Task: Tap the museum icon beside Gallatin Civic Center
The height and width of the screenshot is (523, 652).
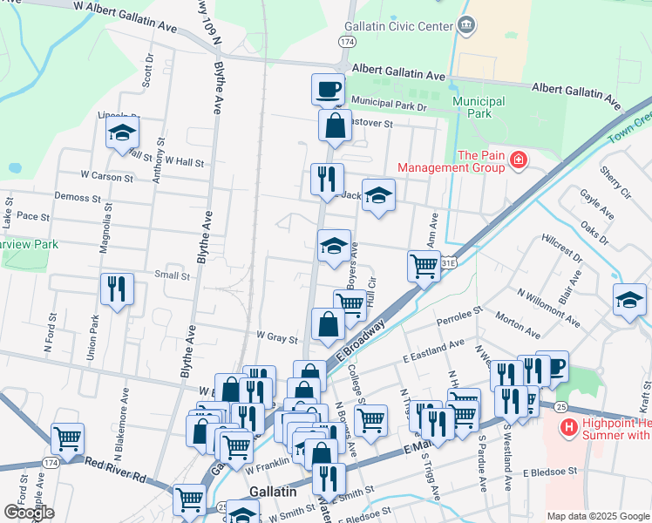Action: [x=466, y=25]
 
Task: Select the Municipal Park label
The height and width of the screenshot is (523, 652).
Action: [x=479, y=107]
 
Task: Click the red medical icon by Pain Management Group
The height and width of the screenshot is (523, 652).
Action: [x=518, y=160]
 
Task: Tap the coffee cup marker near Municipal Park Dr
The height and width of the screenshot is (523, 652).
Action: [x=329, y=89]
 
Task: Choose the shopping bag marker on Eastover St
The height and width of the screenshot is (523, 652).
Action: [x=335, y=126]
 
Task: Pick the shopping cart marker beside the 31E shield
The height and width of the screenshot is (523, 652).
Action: [x=424, y=265]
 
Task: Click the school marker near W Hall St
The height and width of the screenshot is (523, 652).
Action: [x=123, y=133]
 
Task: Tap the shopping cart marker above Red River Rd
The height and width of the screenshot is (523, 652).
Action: [x=67, y=438]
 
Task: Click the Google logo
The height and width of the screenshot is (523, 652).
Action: [x=28, y=513]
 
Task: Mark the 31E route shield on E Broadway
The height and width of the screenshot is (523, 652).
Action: [x=448, y=261]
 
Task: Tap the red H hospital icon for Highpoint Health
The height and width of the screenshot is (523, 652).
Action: [x=568, y=427]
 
